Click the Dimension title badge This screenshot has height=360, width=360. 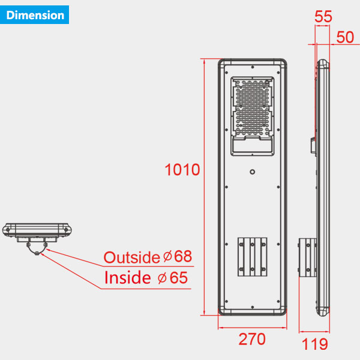click(x=35, y=14)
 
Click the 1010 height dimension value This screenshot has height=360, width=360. click(x=182, y=170)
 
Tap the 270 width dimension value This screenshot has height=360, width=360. click(x=252, y=340)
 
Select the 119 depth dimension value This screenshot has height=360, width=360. click(x=315, y=344)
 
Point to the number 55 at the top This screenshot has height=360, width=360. click(x=323, y=17)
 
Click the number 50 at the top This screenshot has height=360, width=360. click(x=345, y=37)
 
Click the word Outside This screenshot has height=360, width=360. click(x=132, y=257)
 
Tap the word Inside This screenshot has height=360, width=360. click(x=127, y=278)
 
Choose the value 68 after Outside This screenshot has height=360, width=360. click(x=182, y=257)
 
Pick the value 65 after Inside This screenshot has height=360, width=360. click(x=178, y=278)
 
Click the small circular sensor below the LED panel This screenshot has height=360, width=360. click(x=253, y=172)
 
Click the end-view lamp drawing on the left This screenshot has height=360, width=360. click(x=37, y=230)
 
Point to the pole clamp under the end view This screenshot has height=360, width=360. click(x=37, y=247)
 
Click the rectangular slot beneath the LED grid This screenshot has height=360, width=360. click(x=252, y=146)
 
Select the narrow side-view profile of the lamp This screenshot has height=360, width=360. click(x=323, y=186)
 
